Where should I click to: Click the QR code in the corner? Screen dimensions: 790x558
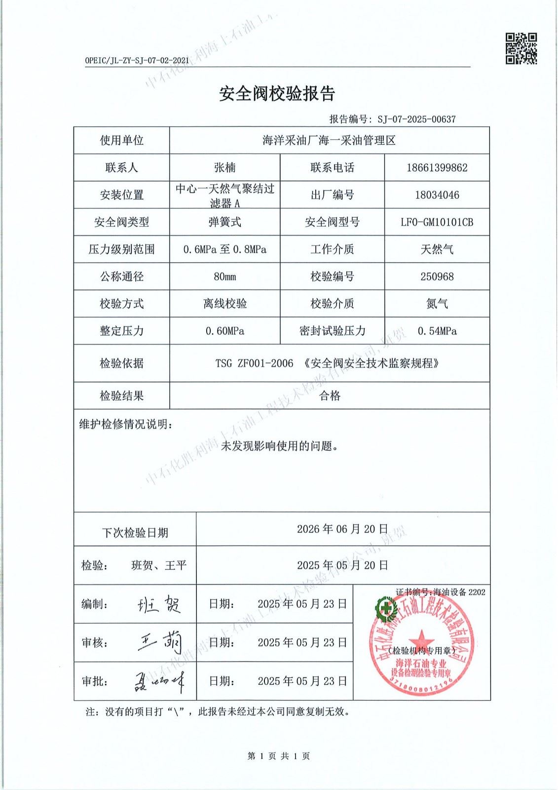pos(521,48)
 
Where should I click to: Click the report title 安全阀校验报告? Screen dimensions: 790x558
pos(277,93)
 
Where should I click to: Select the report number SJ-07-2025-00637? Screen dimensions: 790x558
pos(416,119)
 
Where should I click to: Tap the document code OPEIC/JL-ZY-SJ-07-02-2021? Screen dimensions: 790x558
pos(137,61)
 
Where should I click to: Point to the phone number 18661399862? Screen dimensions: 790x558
pos(437,168)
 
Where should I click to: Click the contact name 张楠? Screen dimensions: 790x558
pos(224,168)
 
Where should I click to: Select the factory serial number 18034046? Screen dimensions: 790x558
pos(437,195)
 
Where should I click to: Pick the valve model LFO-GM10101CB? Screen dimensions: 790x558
pos(437,222)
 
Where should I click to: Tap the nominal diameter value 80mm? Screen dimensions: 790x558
pos(224,276)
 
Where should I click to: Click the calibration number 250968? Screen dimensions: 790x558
pos(437,276)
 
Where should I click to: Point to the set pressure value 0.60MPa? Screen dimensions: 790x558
pos(224,331)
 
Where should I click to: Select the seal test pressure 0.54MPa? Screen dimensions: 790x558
pos(437,331)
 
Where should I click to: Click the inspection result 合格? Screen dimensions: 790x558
pos(330,395)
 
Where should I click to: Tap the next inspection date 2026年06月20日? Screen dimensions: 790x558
pos(342,529)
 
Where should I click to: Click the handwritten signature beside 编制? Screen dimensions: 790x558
pos(159,604)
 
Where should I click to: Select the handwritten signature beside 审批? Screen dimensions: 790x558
pos(159,681)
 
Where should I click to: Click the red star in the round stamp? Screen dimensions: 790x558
pos(421,637)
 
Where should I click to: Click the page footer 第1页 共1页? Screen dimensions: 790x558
pos(279,756)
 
